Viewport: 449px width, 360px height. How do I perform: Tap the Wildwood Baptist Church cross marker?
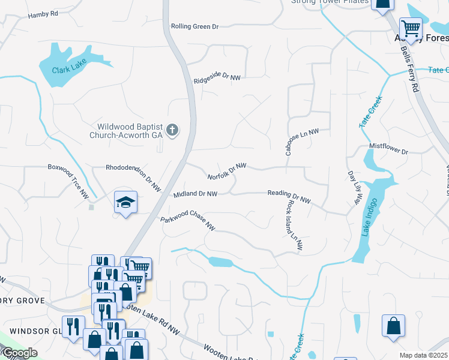[x=172, y=130]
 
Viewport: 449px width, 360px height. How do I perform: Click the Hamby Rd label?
[x=43, y=13]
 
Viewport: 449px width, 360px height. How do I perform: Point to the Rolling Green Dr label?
[x=194, y=26]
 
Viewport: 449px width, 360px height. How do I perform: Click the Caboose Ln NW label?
[x=301, y=142]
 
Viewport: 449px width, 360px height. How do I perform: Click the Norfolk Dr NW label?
[x=227, y=172]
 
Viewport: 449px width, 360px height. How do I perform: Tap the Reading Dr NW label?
[x=289, y=196]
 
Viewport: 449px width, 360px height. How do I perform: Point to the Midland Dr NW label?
[x=194, y=194]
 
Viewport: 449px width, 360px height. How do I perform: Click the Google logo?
[x=20, y=353]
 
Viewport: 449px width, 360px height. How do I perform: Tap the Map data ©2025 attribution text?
[x=423, y=355]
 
